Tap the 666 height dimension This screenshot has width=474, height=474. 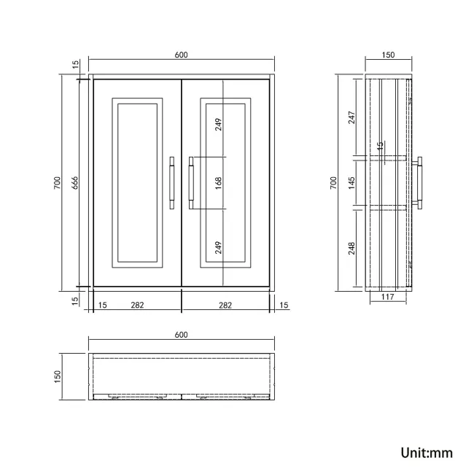tap(73, 183)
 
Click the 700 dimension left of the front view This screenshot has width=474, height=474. tap(58, 183)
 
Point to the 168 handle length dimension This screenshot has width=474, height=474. tap(218, 182)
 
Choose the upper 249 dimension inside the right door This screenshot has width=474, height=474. tap(218, 123)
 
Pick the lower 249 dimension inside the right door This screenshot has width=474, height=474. tap(218, 246)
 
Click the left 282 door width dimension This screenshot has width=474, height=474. tap(136, 305)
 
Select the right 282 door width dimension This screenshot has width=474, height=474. tap(225, 305)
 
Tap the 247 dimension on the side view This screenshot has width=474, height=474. tap(351, 117)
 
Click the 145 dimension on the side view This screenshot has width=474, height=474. tap(351, 182)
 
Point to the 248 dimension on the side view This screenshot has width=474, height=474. tap(351, 249)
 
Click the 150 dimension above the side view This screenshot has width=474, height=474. tap(388, 55)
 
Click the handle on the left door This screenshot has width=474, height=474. tap(171, 182)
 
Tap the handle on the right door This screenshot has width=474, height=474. tap(191, 182)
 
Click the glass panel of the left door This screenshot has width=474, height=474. tap(136, 182)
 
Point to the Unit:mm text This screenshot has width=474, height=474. tap(427, 453)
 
